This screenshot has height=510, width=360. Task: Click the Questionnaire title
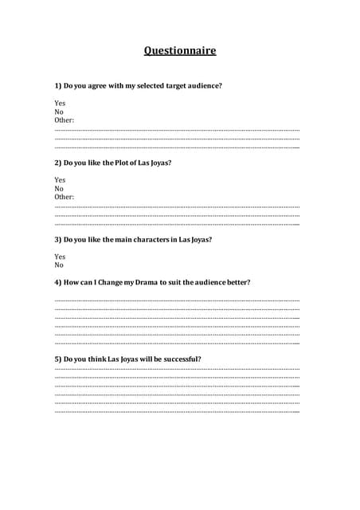pos(180,51)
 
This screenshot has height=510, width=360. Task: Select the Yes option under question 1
pos(60,103)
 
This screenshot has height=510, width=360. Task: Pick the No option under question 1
pos(59,112)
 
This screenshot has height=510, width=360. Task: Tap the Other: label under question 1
pos(65,120)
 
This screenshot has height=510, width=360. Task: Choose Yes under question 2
pos(60,180)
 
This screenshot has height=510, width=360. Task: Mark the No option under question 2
pos(59,189)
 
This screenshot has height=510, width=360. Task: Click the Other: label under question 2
pos(65,197)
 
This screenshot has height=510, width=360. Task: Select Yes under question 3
pos(60,257)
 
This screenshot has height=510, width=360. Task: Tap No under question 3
pos(59,265)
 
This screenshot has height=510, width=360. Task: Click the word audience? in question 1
pos(204,85)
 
